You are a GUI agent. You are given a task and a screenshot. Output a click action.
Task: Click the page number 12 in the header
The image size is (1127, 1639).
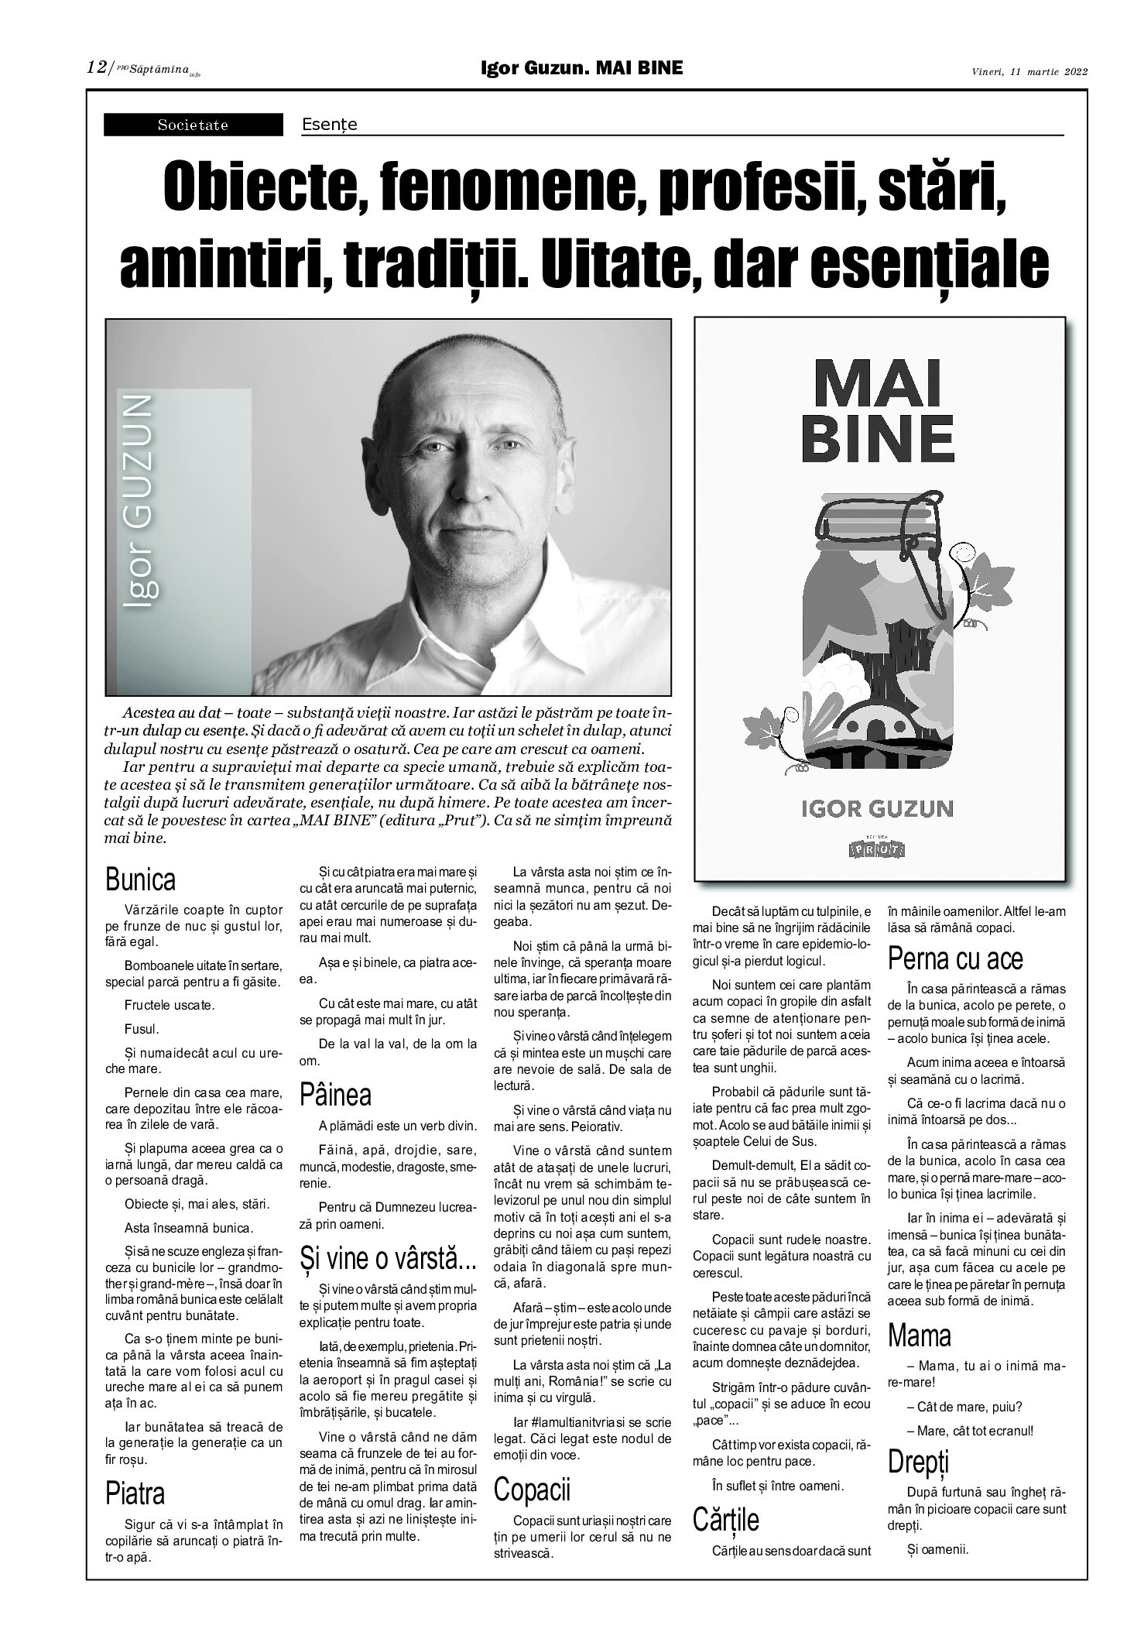[x=96, y=68]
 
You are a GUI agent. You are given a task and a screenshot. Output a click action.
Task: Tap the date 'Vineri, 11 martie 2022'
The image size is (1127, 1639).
[x=1029, y=72]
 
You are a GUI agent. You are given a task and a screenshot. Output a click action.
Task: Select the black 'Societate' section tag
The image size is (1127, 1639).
[x=194, y=125]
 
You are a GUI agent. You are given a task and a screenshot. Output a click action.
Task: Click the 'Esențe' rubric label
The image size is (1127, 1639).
[x=330, y=124]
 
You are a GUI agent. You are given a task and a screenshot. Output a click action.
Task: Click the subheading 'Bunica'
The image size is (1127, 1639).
[x=141, y=880]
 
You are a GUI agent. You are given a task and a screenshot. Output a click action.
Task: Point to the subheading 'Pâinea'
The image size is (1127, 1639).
[x=336, y=1094]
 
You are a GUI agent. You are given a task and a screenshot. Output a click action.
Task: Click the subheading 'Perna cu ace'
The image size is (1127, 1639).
[x=955, y=958]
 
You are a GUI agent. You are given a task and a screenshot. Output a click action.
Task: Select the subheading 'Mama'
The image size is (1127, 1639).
[x=920, y=1335]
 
